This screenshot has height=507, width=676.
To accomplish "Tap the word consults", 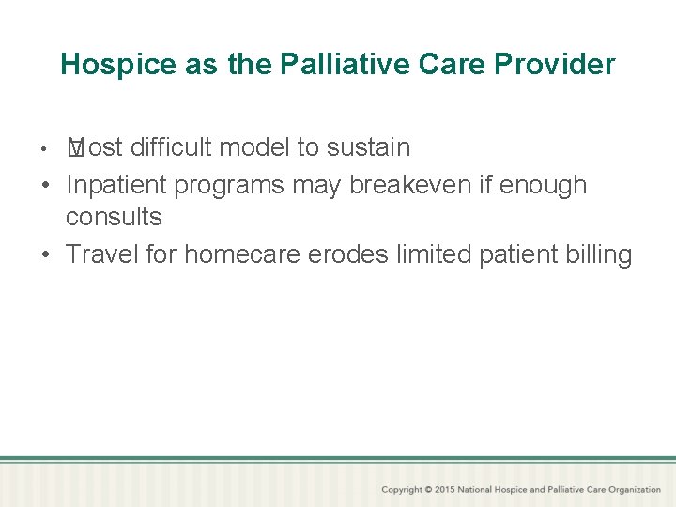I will [x=114, y=217].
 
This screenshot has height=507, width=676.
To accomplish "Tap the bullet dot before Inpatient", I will [x=46, y=186].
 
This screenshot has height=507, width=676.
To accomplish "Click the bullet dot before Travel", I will [x=46, y=255].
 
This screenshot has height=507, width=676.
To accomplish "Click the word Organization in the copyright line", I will [x=631, y=490].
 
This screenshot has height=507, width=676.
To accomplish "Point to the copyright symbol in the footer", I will [x=428, y=490].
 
